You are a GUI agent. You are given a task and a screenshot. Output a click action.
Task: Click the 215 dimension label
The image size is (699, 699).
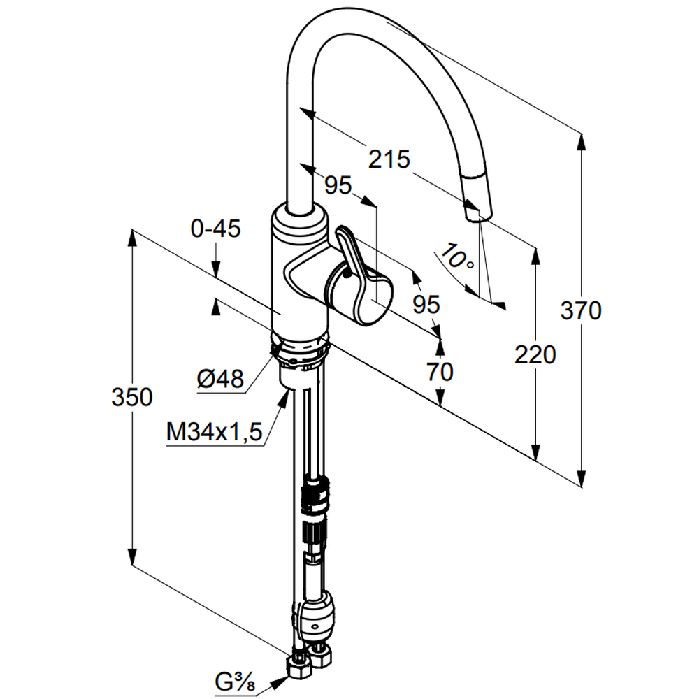point(389,160)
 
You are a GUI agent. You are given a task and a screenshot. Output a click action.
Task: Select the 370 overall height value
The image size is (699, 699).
point(581,310)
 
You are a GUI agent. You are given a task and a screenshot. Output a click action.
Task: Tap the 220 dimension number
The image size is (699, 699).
point(535,355)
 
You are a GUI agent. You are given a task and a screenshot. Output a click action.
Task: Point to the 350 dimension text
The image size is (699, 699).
point(131,397)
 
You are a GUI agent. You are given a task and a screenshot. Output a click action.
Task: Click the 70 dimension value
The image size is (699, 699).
point(440,372)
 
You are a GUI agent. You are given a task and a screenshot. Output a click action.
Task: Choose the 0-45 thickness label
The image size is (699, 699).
point(215,229)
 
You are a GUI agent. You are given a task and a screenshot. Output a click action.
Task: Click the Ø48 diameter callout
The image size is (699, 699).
point(220,380)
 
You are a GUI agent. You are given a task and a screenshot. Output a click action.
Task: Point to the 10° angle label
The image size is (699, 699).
point(458,259)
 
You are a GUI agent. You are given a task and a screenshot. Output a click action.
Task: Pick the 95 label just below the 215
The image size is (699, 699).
point(338,185)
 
